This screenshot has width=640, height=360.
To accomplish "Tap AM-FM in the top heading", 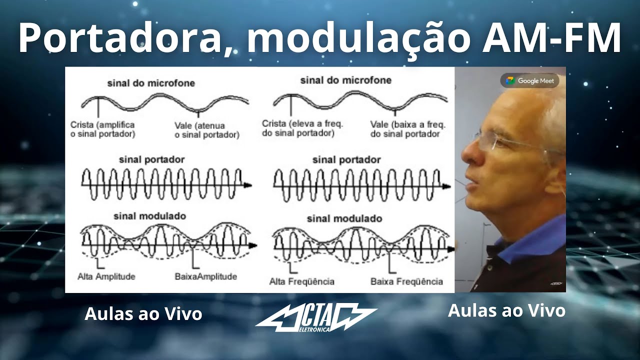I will tap(551, 38).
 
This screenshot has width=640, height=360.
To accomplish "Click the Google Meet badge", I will tap(530, 80).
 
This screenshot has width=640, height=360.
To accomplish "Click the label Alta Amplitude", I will tap(106, 276).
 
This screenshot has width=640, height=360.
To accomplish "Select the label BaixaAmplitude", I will tap(205, 276).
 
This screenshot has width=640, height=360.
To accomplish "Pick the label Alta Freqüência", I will tap(302, 281).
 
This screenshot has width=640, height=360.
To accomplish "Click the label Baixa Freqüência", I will tap(406, 281).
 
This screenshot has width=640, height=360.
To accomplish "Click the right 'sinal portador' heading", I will tap(346, 160).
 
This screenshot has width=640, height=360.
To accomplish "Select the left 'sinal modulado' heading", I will tap(149, 216).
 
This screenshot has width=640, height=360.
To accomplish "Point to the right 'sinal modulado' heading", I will tap(344, 218).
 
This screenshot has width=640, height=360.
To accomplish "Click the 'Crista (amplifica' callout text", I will tap(103, 125).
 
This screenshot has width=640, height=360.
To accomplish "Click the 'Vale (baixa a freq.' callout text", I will tap(407, 124).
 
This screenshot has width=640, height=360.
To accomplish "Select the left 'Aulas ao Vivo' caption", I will tap(143, 314).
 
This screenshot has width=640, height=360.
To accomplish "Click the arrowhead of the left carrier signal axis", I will tap(248, 185).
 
